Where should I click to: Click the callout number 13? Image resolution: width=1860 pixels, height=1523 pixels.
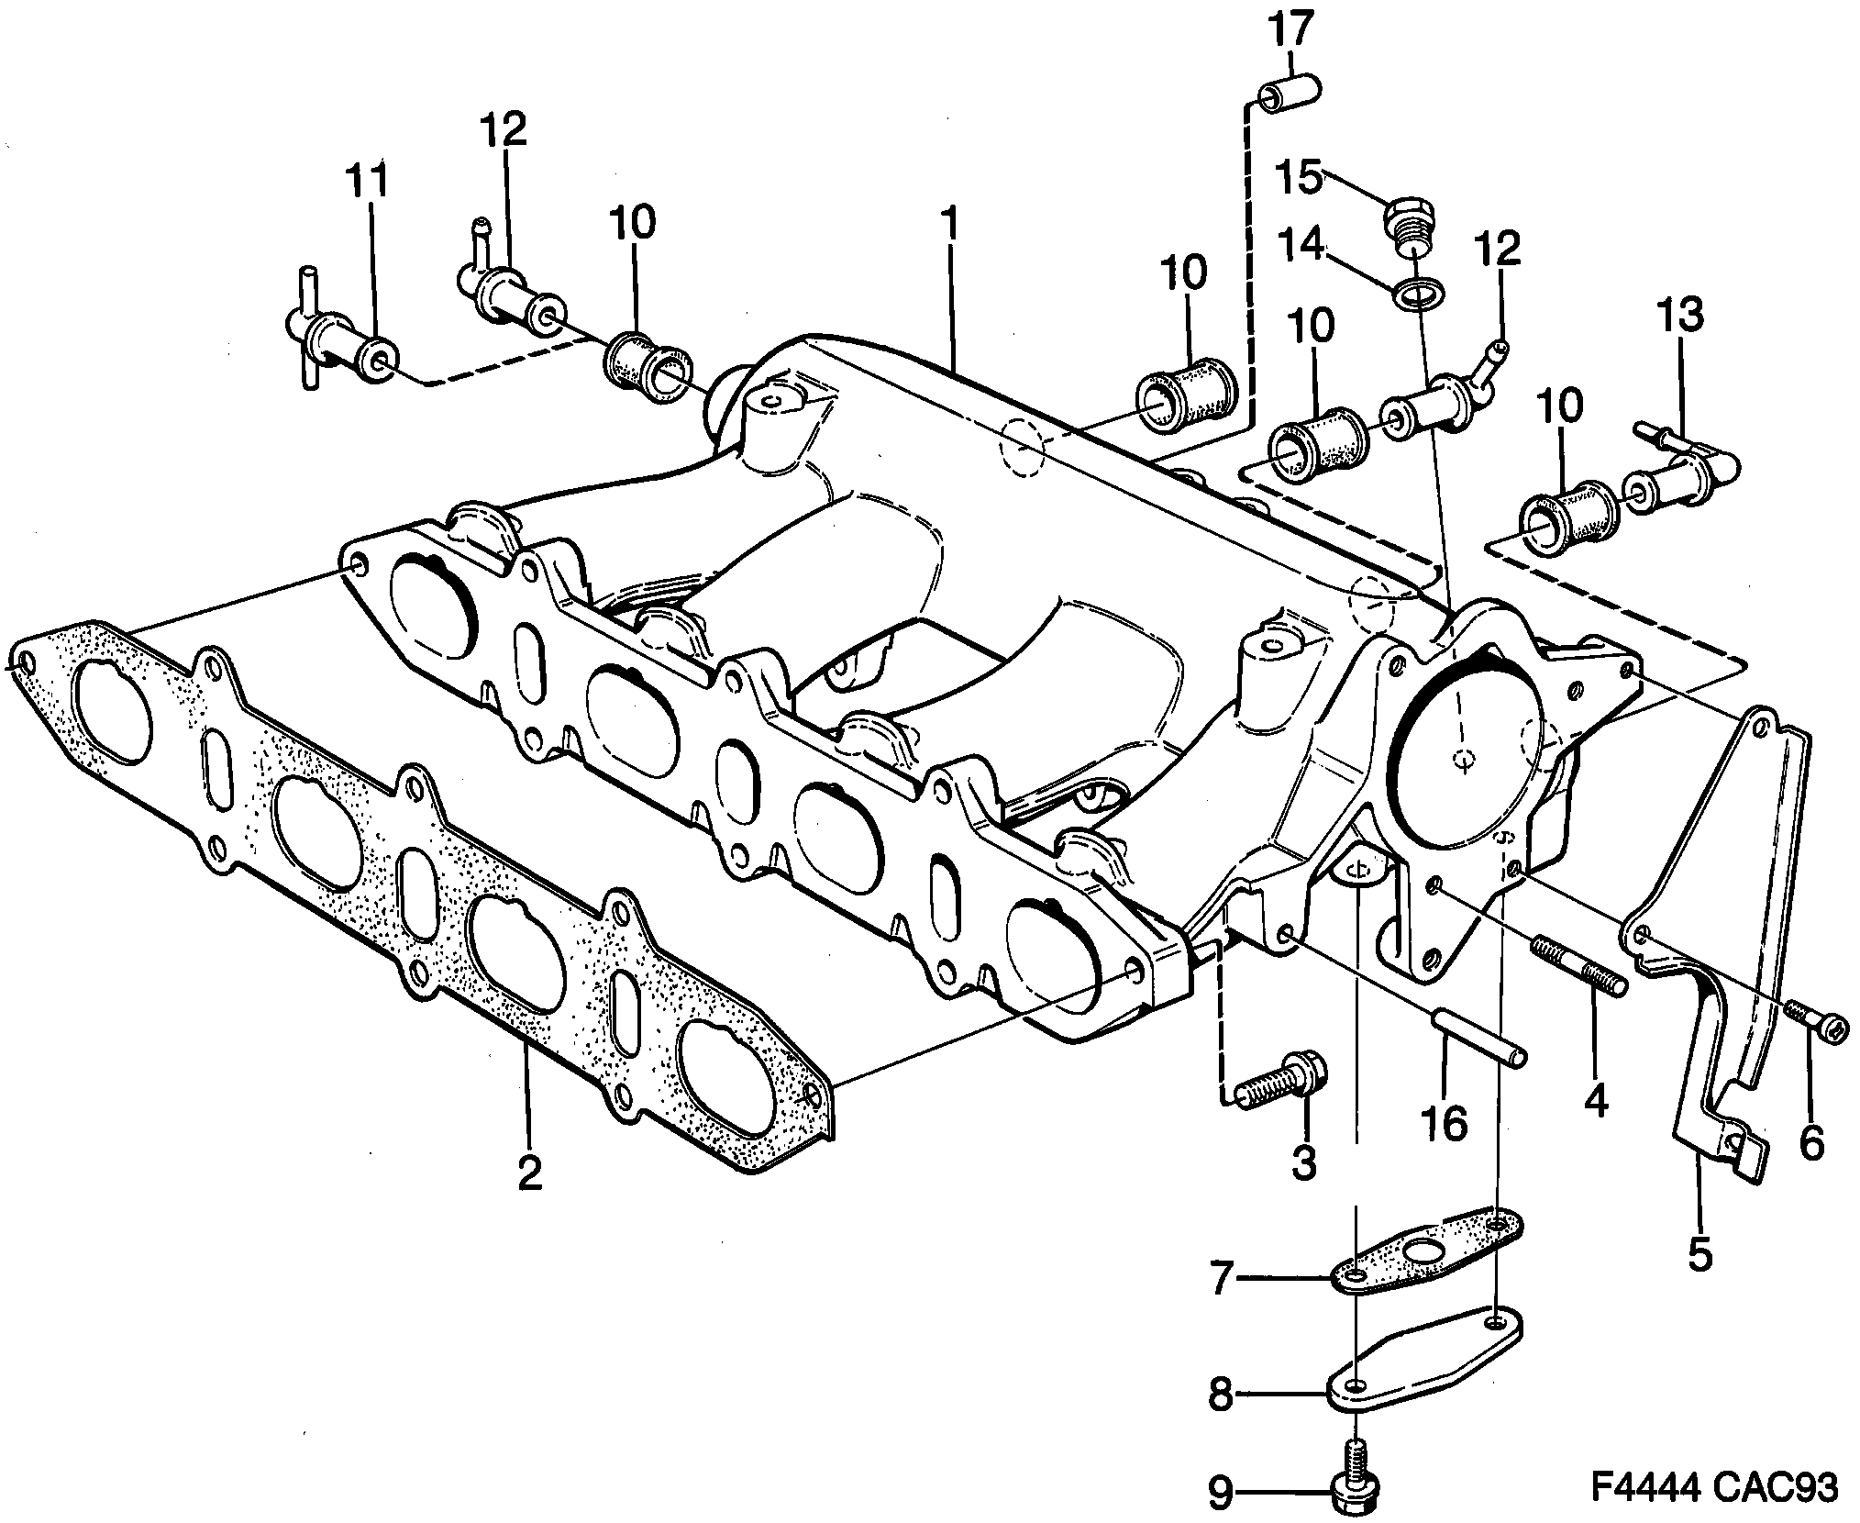(x=1680, y=315)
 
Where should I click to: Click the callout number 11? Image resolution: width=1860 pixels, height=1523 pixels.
(x=367, y=183)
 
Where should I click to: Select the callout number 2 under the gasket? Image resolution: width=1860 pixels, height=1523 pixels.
(x=529, y=1173)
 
